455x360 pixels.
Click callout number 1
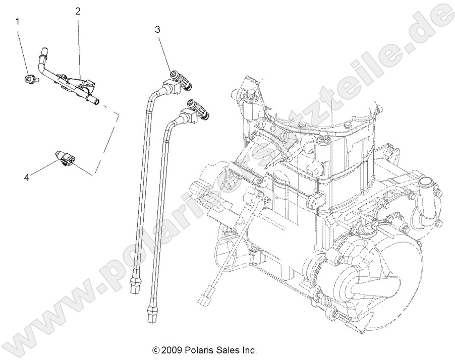pos(18,21)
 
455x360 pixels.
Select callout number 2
pos(78,11)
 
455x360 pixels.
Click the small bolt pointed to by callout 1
pos(29,79)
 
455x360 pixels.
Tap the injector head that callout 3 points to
pos(177,76)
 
